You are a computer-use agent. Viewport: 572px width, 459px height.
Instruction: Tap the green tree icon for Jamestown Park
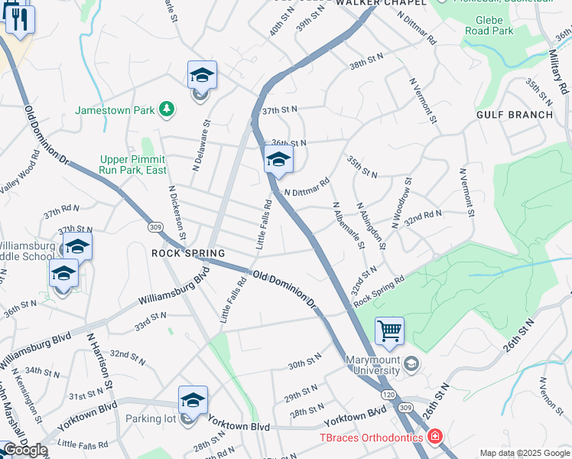point(165,110)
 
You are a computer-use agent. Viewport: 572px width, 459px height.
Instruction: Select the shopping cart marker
point(389,331)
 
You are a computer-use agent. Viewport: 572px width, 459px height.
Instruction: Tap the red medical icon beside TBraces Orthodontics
point(435,437)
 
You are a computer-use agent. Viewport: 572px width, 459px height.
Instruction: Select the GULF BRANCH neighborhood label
point(514,115)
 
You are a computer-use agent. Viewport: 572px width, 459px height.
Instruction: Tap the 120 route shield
point(385,392)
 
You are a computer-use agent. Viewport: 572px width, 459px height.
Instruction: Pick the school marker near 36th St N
point(278,160)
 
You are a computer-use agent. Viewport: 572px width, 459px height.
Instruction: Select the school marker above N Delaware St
point(202,76)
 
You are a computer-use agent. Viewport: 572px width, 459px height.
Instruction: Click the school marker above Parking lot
point(193,400)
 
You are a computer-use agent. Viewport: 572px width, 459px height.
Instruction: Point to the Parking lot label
point(151,418)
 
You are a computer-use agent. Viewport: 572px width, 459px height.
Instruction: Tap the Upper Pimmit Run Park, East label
point(133,164)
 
